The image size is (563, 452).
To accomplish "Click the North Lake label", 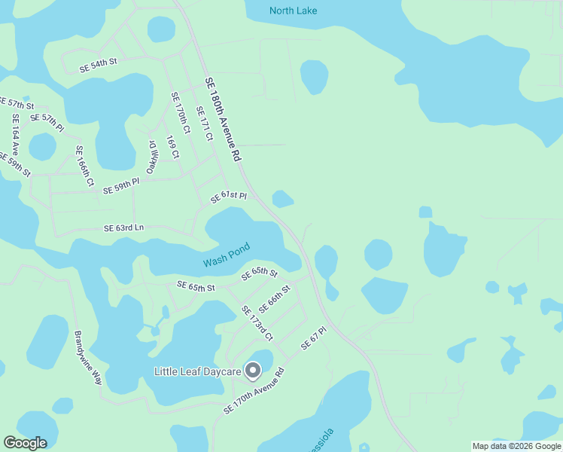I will [x=293, y=11].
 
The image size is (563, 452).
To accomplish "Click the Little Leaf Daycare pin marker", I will [x=253, y=371].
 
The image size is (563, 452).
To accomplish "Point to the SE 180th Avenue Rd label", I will [x=222, y=119].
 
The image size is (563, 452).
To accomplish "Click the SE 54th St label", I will [x=99, y=66].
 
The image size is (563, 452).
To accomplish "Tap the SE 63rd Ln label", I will [x=123, y=228].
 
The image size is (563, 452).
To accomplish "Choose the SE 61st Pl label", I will [x=229, y=197].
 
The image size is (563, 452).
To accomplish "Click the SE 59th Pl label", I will [x=121, y=185].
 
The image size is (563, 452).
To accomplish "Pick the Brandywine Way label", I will [x=87, y=356].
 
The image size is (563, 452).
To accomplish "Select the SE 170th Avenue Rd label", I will [x=254, y=390].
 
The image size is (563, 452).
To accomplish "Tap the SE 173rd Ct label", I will [x=257, y=322].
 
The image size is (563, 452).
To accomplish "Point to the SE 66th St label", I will [x=274, y=299].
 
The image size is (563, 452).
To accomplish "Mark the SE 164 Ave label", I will [x=15, y=134].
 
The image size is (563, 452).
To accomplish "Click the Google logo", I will [x=25, y=443].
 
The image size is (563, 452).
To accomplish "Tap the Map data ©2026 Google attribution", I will [x=516, y=446].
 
